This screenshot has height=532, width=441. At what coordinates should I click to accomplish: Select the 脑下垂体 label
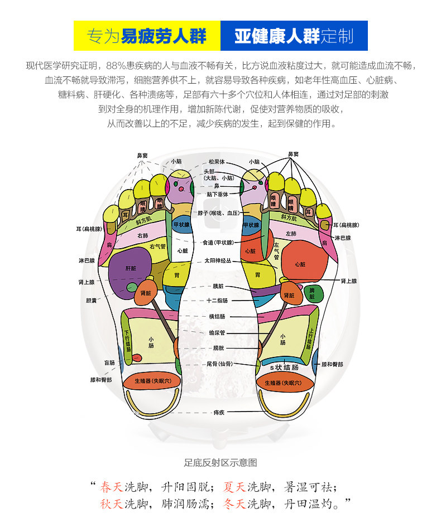pyautogui.click(x=217, y=195)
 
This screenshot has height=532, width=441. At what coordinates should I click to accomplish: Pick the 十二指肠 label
pyautogui.click(x=217, y=301)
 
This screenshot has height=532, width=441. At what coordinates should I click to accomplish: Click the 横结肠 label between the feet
pyautogui.click(x=217, y=316)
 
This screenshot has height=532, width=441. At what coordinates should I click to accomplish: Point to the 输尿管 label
pyautogui.click(x=217, y=332)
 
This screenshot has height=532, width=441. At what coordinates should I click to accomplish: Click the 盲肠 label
pyautogui.click(x=109, y=362)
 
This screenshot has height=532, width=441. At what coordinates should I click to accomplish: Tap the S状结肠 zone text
pyautogui.click(x=284, y=368)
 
